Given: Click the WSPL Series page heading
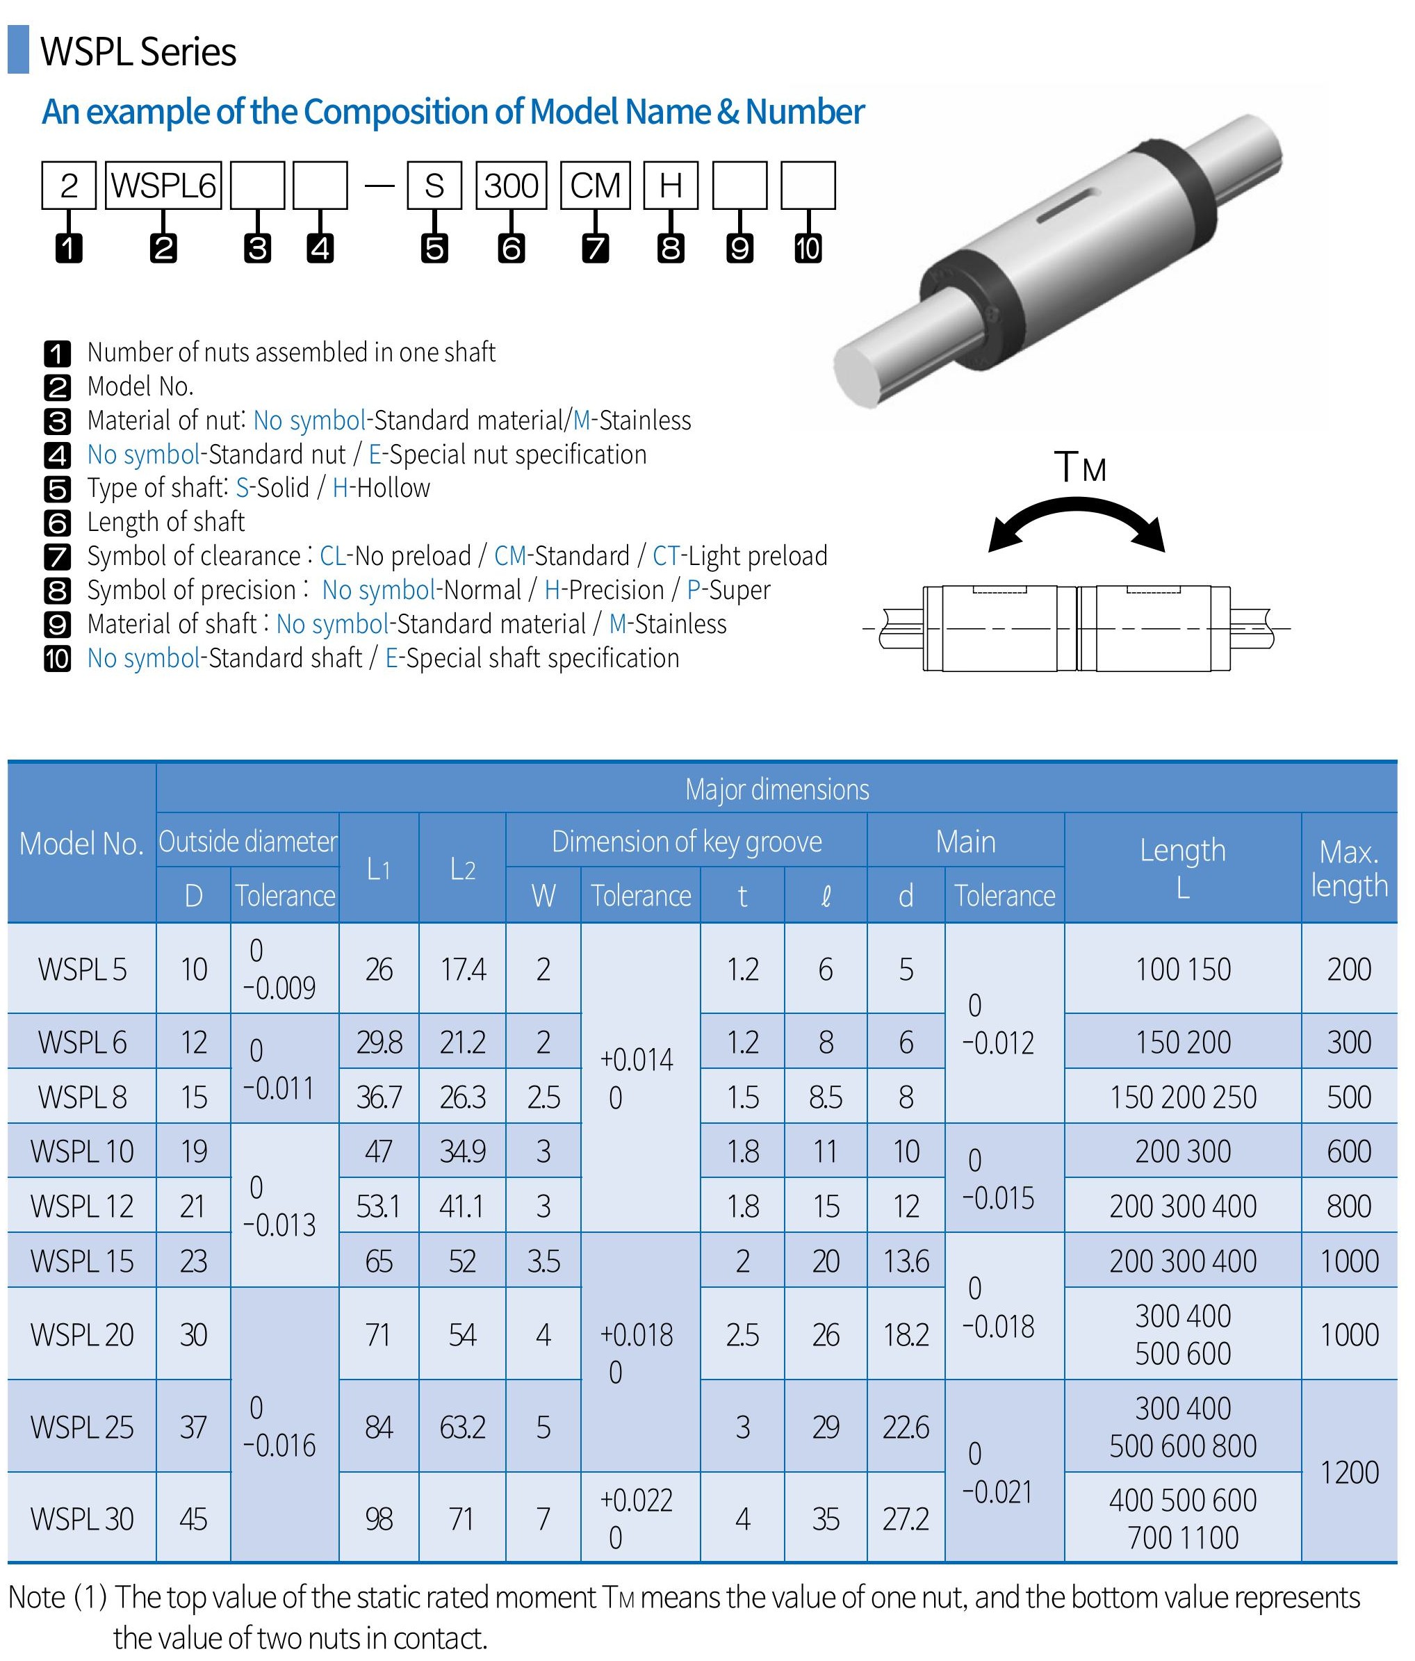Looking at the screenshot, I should [x=138, y=52].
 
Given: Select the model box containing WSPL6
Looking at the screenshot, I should [x=163, y=186].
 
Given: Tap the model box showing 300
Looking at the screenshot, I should [x=512, y=186].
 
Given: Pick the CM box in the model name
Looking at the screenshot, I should [x=595, y=186].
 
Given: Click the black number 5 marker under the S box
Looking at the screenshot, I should [x=434, y=247].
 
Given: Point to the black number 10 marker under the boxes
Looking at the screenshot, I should [x=808, y=247].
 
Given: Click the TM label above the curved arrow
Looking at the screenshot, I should [x=1079, y=467].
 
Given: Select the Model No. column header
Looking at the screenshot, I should [x=81, y=843].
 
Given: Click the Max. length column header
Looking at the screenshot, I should [x=1348, y=868].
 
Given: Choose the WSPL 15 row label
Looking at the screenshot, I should [x=82, y=1261].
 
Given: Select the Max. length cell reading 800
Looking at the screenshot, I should [x=1348, y=1206].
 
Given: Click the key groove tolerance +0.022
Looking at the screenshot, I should [x=637, y=1500].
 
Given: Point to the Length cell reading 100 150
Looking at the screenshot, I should [x=1182, y=969].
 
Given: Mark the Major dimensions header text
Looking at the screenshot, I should [x=776, y=789].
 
